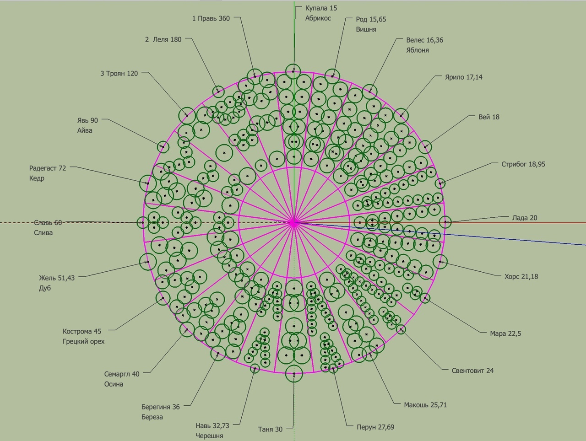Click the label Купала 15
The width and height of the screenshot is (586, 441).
click(x=321, y=8)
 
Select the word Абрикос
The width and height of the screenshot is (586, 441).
click(x=318, y=18)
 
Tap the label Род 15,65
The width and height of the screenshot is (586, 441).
click(x=371, y=19)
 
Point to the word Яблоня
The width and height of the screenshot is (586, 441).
click(x=417, y=50)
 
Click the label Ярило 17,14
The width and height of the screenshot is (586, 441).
click(x=463, y=77)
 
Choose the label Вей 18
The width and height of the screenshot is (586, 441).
click(x=488, y=117)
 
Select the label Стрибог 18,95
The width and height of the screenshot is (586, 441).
click(x=523, y=164)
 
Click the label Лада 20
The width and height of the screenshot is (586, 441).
click(x=524, y=218)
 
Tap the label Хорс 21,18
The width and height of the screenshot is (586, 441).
click(x=521, y=276)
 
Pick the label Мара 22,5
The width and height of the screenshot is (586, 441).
click(x=505, y=333)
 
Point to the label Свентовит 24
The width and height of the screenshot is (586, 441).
click(x=472, y=371)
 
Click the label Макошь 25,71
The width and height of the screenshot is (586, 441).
click(x=425, y=404)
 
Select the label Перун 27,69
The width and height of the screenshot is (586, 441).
click(x=375, y=427)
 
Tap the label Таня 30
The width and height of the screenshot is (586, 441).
click(x=270, y=429)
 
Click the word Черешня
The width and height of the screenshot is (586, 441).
click(x=209, y=436)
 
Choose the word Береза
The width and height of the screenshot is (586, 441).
click(x=152, y=417)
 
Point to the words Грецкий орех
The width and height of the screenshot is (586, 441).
click(x=83, y=341)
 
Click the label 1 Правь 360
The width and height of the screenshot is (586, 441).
click(x=211, y=18)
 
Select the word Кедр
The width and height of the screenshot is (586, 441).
click(x=37, y=178)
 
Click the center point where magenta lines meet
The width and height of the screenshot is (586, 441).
click(x=293, y=223)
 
